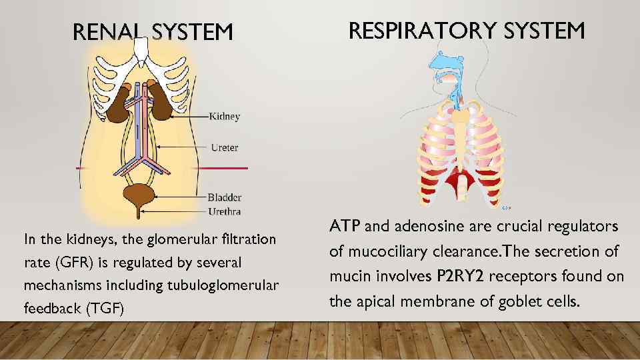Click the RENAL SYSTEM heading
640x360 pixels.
153,31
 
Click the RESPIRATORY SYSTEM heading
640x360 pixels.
467,30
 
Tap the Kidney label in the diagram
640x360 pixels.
225,117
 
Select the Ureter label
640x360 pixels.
224,147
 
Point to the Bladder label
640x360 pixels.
224,197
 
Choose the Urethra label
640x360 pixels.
224,211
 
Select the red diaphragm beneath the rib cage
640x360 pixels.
459,180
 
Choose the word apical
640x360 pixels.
378,301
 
